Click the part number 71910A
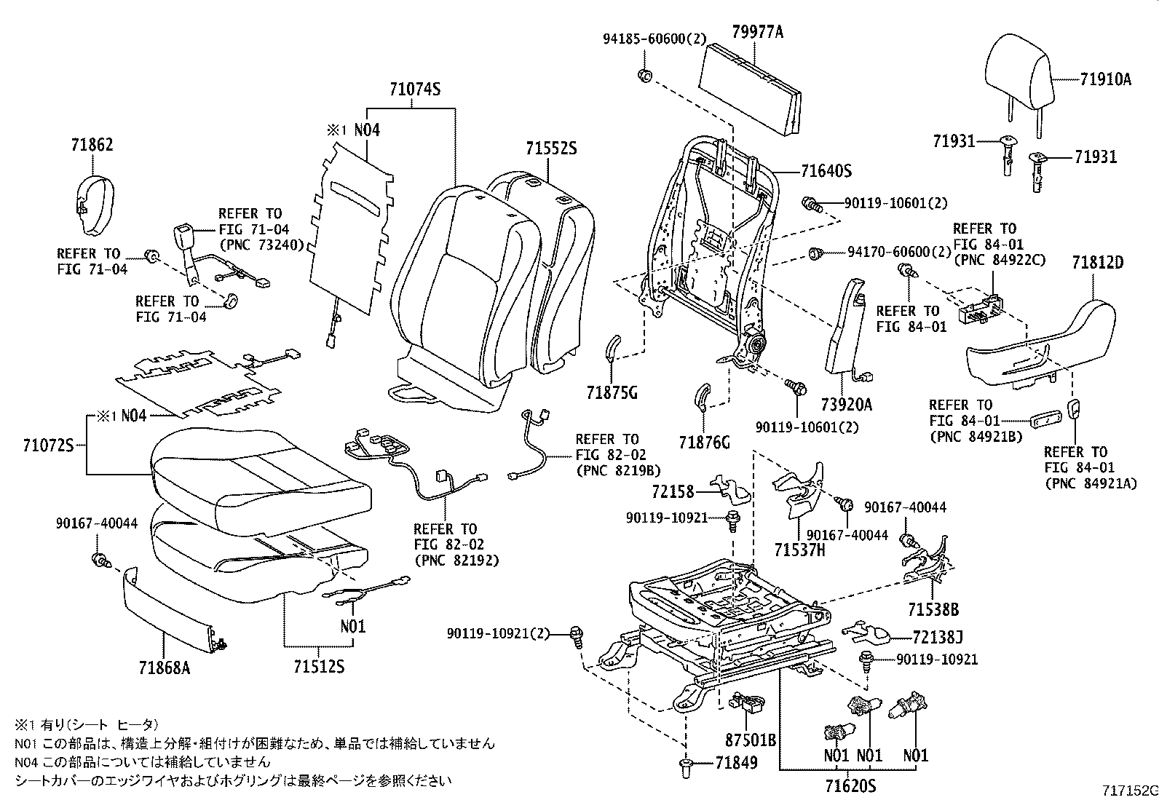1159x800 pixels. [x=1105, y=79]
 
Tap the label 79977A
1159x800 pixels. [x=758, y=32]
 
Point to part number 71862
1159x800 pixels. [x=92, y=145]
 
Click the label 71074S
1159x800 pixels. [x=415, y=90]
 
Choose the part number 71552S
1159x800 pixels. [x=551, y=148]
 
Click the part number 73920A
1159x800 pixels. [x=846, y=405]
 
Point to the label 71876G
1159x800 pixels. [x=704, y=442]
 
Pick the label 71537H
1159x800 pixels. [x=799, y=550]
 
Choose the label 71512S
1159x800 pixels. [x=319, y=666]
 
